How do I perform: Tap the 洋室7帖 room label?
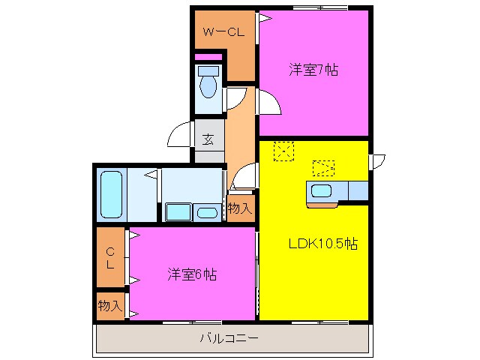tap(314, 70)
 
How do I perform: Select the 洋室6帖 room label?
tap(192, 274)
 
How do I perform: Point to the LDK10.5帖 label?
tap(323, 243)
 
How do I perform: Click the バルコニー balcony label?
tap(229, 337)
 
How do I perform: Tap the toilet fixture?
tap(207, 84)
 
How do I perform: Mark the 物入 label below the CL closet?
tap(109, 305)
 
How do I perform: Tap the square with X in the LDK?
tap(283, 151)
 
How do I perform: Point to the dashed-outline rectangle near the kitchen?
tap(323, 167)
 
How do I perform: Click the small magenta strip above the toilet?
tap(207, 56)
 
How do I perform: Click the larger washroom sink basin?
tap(178, 212)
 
